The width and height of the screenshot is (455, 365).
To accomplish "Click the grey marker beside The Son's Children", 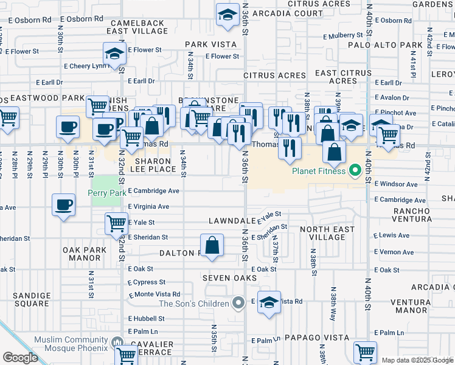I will (x=239, y=302).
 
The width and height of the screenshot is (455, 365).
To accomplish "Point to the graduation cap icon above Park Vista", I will (x=228, y=15).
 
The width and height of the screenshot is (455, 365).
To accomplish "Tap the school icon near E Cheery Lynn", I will (x=114, y=55).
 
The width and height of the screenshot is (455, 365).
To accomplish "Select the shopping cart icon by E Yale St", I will (x=116, y=223).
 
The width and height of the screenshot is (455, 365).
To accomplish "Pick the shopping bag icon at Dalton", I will (x=213, y=246).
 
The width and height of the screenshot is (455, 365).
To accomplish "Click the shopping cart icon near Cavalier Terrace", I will (x=126, y=355).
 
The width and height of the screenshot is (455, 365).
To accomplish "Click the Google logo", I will (x=20, y=358).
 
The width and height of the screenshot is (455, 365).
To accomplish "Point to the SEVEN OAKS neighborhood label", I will (x=229, y=277).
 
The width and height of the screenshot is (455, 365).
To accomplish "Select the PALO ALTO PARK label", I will (x=385, y=45).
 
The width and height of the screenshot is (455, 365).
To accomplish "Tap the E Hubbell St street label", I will (x=142, y=318).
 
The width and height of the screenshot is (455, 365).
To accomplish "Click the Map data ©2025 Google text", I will (x=417, y=360).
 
